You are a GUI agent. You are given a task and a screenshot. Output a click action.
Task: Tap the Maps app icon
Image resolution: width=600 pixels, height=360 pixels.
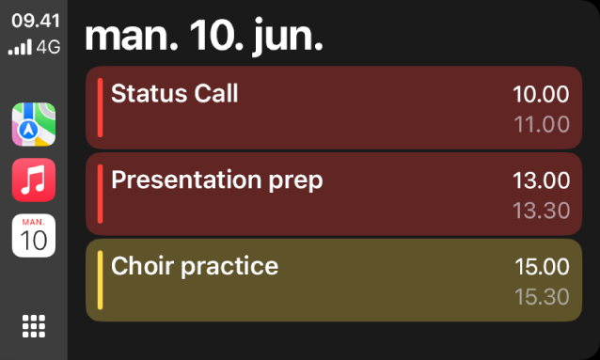pyautogui.click(x=34, y=125)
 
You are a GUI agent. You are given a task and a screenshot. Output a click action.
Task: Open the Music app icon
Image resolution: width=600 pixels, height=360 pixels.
pyautogui.click(x=34, y=180)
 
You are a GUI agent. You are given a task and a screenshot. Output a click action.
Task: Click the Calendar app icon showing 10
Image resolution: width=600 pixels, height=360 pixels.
pyautogui.click(x=34, y=235)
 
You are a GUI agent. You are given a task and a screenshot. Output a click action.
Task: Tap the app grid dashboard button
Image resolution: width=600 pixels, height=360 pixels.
pyautogui.click(x=34, y=326)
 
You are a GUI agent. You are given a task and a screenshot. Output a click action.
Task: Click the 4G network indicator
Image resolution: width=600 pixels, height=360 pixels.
pyautogui.click(x=48, y=45)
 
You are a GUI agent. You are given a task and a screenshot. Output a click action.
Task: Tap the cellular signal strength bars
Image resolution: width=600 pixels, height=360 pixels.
pyautogui.click(x=20, y=46)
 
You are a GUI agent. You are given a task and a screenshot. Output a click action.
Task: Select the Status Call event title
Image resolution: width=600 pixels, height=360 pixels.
pyautogui.click(x=175, y=94)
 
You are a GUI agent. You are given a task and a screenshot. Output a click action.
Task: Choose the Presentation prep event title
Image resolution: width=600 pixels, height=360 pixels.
pyautogui.click(x=216, y=180)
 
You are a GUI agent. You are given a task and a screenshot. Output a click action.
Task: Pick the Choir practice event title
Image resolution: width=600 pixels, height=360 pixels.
pyautogui.click(x=195, y=267)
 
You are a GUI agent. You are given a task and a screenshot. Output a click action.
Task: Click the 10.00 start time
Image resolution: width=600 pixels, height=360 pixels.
pyautogui.click(x=541, y=94)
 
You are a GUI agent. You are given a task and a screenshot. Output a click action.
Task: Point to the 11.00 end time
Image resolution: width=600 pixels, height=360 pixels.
pyautogui.click(x=542, y=124)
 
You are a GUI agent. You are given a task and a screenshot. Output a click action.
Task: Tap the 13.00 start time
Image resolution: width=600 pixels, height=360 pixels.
pyautogui.click(x=541, y=180)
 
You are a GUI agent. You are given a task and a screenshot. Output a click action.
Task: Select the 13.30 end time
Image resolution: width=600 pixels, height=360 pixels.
pyautogui.click(x=542, y=211)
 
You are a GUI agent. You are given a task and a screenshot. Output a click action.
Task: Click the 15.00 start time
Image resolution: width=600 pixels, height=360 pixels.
pyautogui.click(x=542, y=267)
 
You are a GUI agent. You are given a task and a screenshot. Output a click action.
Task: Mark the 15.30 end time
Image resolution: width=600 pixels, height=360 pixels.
pyautogui.click(x=542, y=297)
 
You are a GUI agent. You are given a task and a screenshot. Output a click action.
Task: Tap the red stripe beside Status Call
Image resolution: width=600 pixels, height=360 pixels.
pyautogui.click(x=101, y=108)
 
